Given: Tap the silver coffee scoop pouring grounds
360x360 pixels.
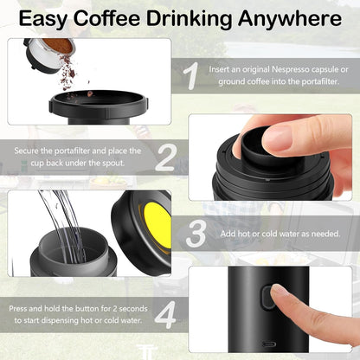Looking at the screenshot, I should (47, 51).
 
